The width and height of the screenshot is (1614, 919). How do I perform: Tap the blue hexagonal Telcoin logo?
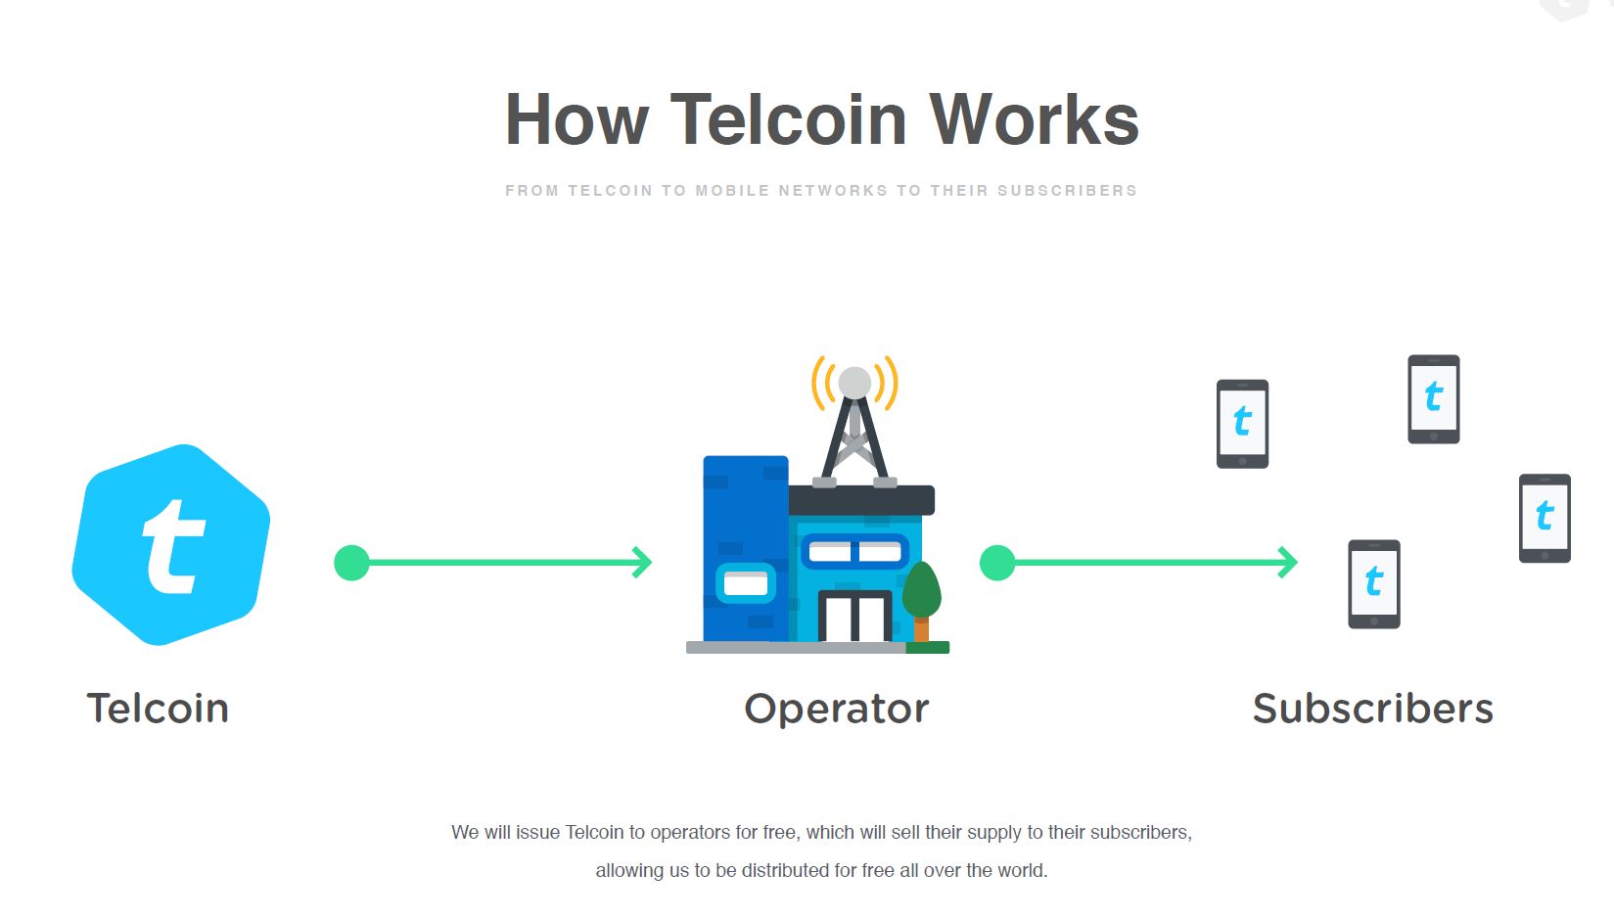171,545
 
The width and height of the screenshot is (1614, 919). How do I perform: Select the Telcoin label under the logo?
158,708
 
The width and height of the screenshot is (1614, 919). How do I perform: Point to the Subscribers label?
1373,708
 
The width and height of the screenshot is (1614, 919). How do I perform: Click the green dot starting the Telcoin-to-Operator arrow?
351,563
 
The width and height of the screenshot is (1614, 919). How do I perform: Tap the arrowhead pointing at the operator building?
642,563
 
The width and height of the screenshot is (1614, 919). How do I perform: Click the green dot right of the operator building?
997,563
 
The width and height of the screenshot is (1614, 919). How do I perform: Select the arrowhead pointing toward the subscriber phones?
1288,563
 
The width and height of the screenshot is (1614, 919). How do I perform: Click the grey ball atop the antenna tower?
854,383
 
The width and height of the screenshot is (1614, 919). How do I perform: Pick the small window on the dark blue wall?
746,582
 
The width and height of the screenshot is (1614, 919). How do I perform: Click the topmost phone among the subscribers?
1434,399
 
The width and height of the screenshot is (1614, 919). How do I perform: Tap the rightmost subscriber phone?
1545,518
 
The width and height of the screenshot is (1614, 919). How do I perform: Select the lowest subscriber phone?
1374,584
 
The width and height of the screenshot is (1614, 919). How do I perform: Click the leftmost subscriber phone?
1242,424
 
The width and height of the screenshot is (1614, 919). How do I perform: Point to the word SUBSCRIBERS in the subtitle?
1067,191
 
